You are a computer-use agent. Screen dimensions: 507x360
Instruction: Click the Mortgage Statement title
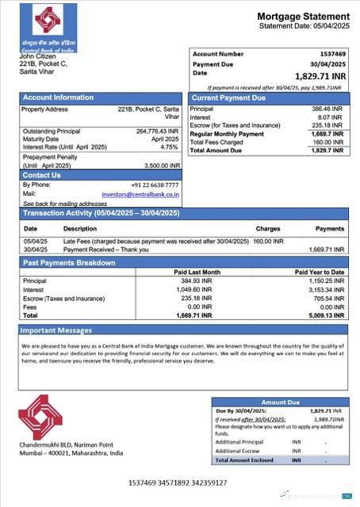(303, 17)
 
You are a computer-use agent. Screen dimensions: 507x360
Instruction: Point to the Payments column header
(330, 228)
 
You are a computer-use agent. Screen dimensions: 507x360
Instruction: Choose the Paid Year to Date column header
(320, 272)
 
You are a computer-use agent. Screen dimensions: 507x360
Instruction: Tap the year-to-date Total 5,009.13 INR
(327, 314)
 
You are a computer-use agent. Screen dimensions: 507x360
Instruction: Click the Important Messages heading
(56, 330)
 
